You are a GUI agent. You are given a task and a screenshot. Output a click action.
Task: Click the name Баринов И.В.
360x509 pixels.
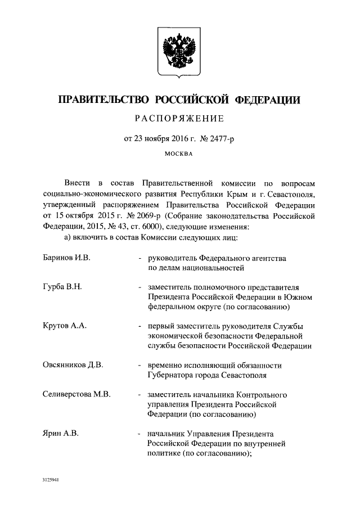pyautogui.click(x=66, y=258)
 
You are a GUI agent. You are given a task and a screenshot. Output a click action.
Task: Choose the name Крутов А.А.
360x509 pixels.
pyautogui.click(x=65, y=326)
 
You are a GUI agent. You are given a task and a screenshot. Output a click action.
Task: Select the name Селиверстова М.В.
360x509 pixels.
pyautogui.click(x=76, y=395)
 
